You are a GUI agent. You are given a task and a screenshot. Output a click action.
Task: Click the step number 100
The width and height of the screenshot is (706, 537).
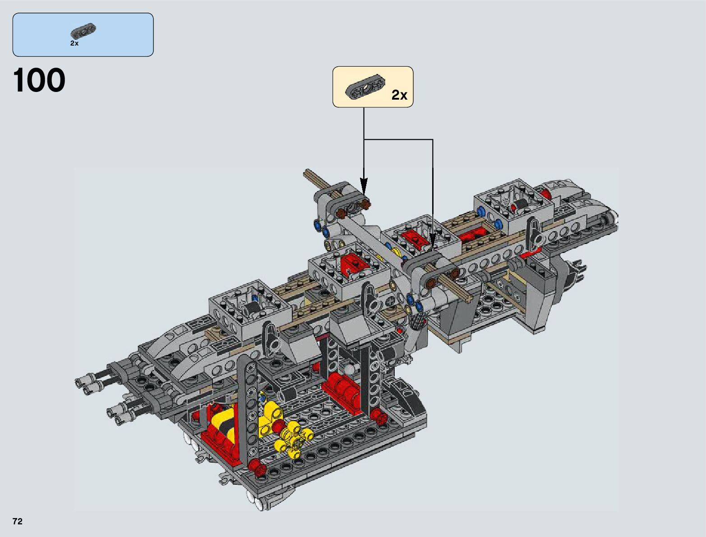(39, 80)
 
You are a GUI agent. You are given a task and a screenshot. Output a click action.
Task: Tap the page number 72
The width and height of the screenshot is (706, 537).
(18, 521)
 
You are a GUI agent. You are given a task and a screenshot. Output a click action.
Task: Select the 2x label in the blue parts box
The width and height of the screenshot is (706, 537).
(74, 43)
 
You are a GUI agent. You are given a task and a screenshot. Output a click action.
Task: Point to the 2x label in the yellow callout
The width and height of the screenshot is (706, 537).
(399, 95)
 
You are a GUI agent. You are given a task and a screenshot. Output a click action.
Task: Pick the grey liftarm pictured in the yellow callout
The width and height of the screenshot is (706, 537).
(365, 87)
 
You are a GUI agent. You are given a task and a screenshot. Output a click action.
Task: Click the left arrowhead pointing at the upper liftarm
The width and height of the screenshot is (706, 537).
(364, 186)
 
